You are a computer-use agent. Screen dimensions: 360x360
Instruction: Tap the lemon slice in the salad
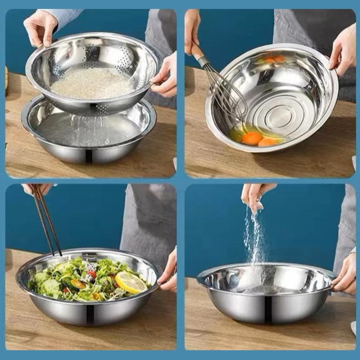[x=131, y=282]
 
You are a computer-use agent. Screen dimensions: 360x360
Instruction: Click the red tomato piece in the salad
[x=92, y=274]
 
